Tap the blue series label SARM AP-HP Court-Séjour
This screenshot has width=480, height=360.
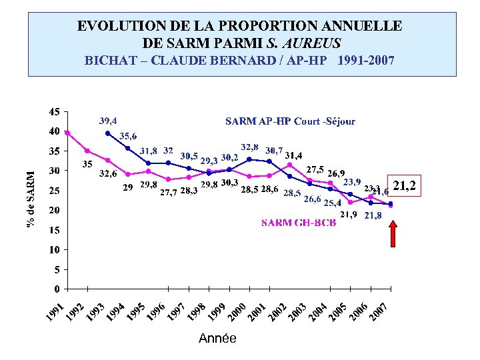pos(290,121)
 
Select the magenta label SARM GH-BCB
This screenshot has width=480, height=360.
pos(298,223)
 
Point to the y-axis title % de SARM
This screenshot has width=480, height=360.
pos(31,197)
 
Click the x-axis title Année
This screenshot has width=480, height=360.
pos(217,339)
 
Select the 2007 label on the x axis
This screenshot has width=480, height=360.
pos(379,311)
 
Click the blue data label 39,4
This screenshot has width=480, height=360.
pos(108,121)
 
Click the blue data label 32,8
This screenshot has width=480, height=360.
pos(249,146)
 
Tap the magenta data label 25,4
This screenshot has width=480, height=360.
pos(333,203)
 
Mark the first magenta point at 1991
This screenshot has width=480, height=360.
pos(67,133)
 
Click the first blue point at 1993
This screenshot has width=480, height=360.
pos(108,133)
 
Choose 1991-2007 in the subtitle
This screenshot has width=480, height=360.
pos(366,61)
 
